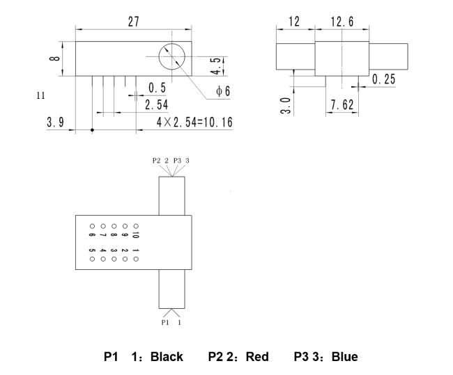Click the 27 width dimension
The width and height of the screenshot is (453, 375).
(134, 22)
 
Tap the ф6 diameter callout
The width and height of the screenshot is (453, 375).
(223, 91)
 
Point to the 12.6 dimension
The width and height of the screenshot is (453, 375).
(342, 22)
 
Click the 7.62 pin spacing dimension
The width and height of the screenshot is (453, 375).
(342, 105)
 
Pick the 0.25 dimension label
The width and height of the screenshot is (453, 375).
(383, 79)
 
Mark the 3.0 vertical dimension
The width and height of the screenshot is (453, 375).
(285, 106)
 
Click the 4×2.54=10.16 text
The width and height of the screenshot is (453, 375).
(194, 122)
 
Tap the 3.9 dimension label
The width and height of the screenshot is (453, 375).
(55, 122)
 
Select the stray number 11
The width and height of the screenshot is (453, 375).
(40, 95)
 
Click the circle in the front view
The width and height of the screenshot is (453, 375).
(172, 56)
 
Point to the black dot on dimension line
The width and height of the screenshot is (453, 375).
(92, 130)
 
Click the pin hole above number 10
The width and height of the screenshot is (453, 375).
(136, 226)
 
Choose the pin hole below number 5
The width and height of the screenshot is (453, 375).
(92, 259)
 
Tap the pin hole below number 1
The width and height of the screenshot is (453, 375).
(136, 259)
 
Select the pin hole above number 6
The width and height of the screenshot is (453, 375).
(92, 226)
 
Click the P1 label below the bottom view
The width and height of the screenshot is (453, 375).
(165, 322)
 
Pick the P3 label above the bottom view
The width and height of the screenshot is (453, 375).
(177, 161)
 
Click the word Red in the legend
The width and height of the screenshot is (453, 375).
(257, 357)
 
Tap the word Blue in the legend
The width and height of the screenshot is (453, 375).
(345, 357)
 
